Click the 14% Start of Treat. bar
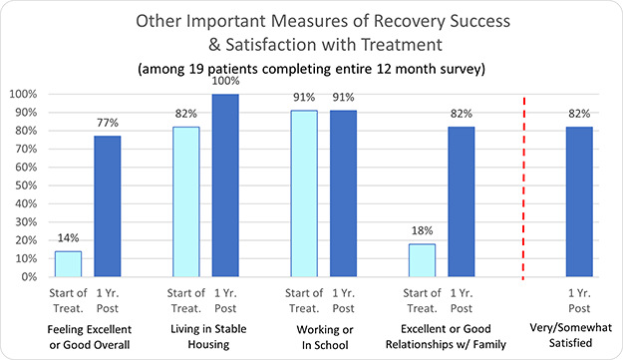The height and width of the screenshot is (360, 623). tap(68, 264)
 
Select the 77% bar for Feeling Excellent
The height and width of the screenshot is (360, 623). tap(108, 206)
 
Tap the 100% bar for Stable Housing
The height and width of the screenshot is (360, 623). tap(226, 185)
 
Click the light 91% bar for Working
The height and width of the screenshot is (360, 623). tap(304, 193)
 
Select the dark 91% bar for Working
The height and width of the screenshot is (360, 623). tap(344, 193)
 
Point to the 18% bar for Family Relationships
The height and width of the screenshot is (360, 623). tap(423, 260)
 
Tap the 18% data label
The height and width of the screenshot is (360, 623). tap(423, 231)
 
